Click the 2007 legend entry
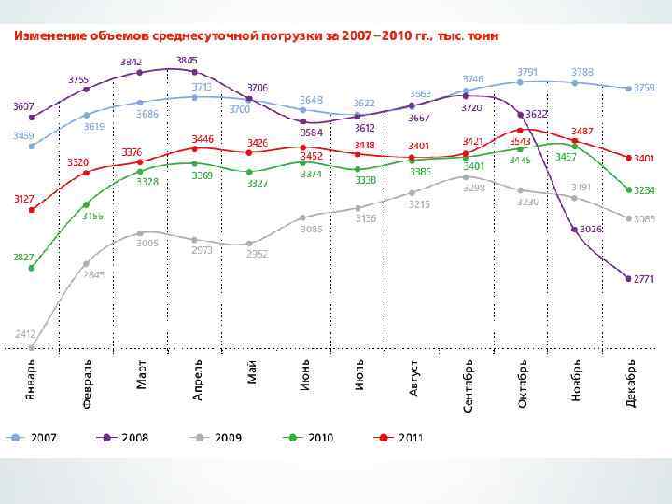(34, 437)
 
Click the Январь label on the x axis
(32, 381)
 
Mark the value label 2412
(25, 333)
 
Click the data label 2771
(645, 279)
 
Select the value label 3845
(187, 60)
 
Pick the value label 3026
(590, 229)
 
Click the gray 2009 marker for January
(32, 348)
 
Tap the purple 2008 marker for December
(628, 277)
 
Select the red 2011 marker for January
(32, 210)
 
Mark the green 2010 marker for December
(628, 189)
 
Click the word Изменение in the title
(49, 35)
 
